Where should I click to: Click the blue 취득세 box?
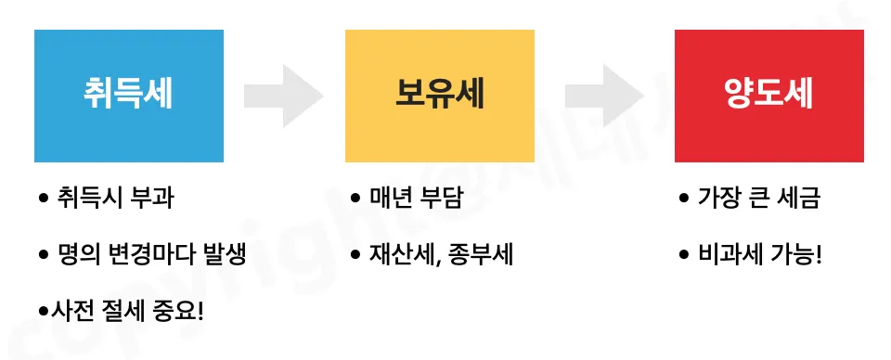(x=128, y=96)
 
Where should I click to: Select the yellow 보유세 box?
(x=439, y=96)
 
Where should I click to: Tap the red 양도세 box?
(x=768, y=96)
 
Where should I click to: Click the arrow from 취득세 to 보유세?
(x=283, y=96)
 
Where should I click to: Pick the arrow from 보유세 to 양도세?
(x=604, y=96)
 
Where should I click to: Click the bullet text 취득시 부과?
(x=115, y=199)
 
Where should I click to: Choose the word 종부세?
(x=479, y=254)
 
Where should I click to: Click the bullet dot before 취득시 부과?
(x=43, y=199)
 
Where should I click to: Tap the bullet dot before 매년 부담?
(x=355, y=199)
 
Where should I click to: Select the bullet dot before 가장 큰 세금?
(x=684, y=199)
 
